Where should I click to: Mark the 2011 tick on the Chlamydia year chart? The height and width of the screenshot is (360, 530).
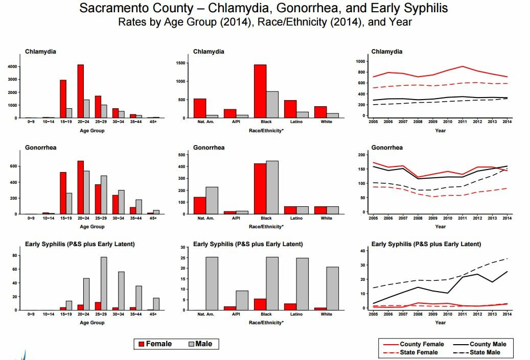pos(463,122)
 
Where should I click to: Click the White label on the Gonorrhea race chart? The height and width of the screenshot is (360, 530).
pos(326,218)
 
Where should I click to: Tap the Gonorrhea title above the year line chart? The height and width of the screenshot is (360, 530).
pos(387,148)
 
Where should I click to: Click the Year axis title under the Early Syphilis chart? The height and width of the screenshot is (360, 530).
pos(440,322)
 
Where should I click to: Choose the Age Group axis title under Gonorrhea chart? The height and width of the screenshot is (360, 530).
pos(92,227)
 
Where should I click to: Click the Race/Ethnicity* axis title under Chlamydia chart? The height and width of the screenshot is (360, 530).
pos(266,130)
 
